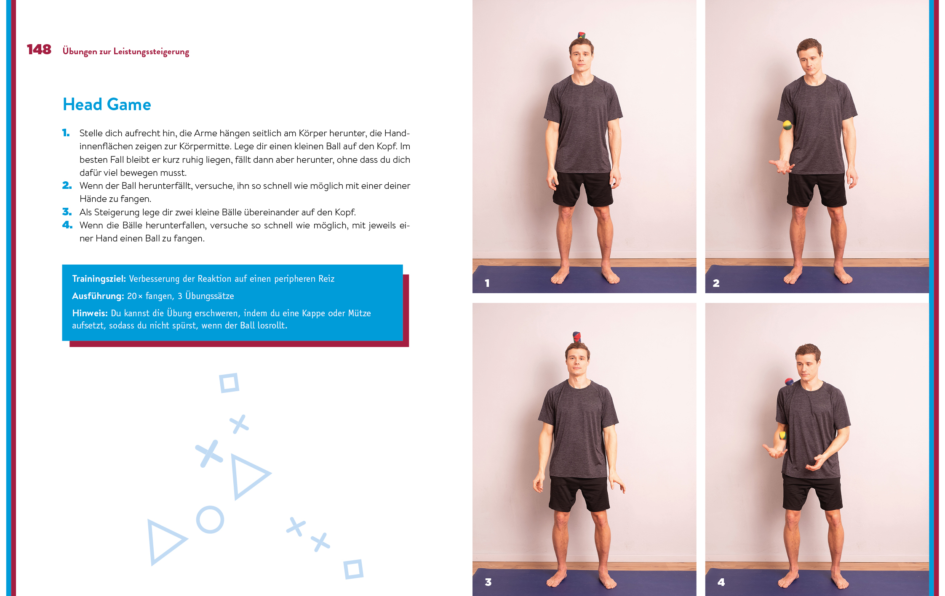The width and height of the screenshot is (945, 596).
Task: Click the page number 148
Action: coord(39,50)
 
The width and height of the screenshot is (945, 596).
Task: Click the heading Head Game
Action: coord(107,104)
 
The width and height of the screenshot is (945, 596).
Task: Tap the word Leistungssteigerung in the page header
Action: coord(151,51)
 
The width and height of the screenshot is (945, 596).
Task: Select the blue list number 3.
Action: coord(67,212)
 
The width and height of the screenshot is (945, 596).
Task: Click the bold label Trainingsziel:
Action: coord(99,278)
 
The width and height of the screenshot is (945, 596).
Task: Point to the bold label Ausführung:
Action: coord(98,296)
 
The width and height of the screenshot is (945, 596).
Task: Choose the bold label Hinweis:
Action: coord(90,313)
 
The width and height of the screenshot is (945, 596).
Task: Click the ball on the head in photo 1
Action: coord(582,35)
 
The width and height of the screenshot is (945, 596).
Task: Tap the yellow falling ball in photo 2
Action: coord(787,125)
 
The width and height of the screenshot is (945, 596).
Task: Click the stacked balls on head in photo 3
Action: coord(577,337)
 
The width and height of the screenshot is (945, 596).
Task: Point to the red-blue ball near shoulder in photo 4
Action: coord(789,382)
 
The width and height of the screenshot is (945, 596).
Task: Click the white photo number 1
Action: coord(487,283)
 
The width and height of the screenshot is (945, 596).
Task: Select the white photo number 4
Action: coord(721,582)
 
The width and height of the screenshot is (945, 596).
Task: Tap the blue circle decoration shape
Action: coord(210,520)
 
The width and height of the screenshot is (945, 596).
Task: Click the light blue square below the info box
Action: coord(229,383)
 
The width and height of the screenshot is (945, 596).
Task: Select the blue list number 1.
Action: coord(66,133)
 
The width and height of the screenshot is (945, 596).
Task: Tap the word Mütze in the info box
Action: coord(359,313)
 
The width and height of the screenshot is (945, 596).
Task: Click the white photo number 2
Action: coord(716,283)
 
